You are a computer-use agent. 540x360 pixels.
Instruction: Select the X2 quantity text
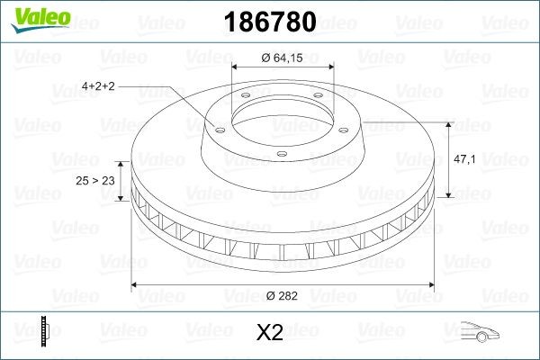pyautogui.click(x=270, y=333)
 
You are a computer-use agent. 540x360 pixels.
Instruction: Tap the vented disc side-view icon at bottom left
pyautogui.click(x=42, y=332)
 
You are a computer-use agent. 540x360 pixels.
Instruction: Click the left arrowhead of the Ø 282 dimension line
pyautogui.click(x=136, y=285)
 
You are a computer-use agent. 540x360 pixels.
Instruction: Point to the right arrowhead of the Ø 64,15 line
pyautogui.click(x=330, y=67)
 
